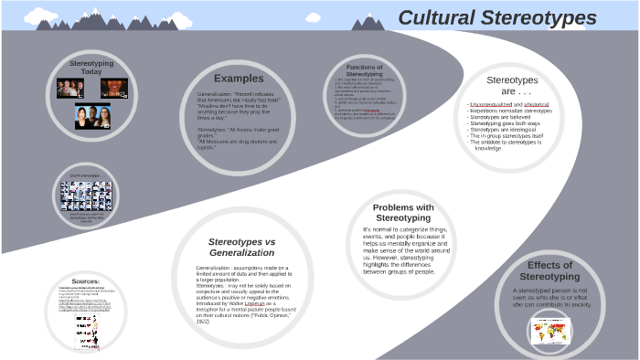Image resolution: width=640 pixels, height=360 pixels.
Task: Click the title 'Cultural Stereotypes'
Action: click(x=497, y=18)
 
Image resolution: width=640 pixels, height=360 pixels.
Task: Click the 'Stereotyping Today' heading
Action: click(x=91, y=68)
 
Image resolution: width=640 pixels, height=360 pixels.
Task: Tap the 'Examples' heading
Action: click(x=239, y=79)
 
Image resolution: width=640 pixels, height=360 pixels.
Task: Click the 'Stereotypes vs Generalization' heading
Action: click(x=242, y=247)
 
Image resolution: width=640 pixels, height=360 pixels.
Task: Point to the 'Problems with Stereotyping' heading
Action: click(x=403, y=213)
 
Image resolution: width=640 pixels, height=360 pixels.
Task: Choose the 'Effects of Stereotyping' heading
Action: click(x=549, y=270)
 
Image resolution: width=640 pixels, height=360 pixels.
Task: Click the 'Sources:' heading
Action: click(x=85, y=281)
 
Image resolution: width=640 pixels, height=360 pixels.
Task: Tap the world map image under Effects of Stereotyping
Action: click(x=549, y=329)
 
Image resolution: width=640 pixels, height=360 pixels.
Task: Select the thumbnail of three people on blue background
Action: click(x=93, y=116)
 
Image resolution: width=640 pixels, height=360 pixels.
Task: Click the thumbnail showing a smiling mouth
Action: click(x=113, y=89)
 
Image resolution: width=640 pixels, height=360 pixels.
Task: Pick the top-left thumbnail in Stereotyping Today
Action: click(x=70, y=89)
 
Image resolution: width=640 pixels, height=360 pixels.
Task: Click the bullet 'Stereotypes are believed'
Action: click(x=501, y=117)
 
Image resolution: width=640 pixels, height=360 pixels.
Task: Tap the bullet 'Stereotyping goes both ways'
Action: click(x=505, y=123)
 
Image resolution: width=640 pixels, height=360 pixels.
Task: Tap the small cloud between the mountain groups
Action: click(x=314, y=16)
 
